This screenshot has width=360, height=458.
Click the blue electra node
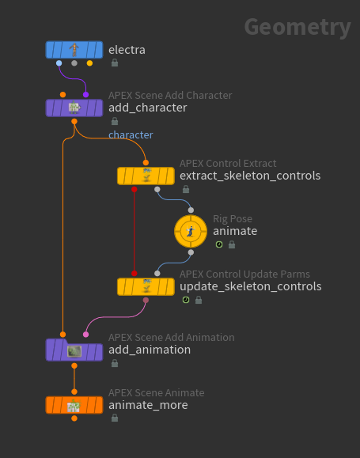(74, 50)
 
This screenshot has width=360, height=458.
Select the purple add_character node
(74, 108)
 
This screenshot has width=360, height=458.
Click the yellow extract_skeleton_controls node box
(146, 176)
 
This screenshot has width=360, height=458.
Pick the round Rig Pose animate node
(191, 231)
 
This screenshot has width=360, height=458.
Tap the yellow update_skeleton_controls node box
(146, 286)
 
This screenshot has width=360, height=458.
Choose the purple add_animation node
(74, 350)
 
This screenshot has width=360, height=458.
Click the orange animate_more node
(74, 405)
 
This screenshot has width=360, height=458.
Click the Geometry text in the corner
(297, 27)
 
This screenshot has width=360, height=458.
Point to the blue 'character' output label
(131, 134)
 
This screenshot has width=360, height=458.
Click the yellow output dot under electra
(89, 63)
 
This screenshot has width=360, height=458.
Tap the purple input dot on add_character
(85, 95)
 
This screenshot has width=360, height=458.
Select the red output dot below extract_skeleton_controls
(135, 189)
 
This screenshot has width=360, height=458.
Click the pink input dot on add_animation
(85, 335)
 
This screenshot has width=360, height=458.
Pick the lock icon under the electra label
(115, 62)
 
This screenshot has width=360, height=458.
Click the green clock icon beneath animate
(219, 244)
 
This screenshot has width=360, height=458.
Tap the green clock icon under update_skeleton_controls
(186, 300)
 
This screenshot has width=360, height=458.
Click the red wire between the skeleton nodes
(135, 231)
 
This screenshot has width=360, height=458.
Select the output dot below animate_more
(74, 418)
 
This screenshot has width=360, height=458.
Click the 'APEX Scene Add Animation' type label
(171, 337)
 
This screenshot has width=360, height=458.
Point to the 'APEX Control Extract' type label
(228, 163)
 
